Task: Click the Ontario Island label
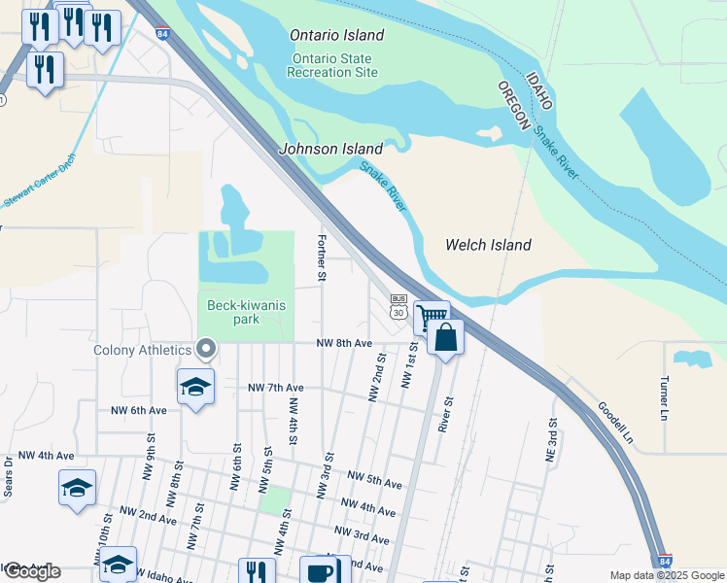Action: tap(337, 35)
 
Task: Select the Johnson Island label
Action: tap(330, 149)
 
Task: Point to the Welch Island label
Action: tap(488, 245)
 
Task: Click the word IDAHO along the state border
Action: tap(538, 90)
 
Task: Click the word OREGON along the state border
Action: tap(516, 105)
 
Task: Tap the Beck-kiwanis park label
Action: tap(246, 312)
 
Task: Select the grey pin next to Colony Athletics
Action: tap(206, 348)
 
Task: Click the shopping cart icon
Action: tap(431, 316)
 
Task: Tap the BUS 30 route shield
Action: tap(398, 306)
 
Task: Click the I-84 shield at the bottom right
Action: tap(664, 562)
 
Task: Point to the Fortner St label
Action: tap(321, 258)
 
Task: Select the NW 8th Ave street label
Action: tap(344, 343)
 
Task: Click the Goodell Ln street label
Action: tap(614, 423)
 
